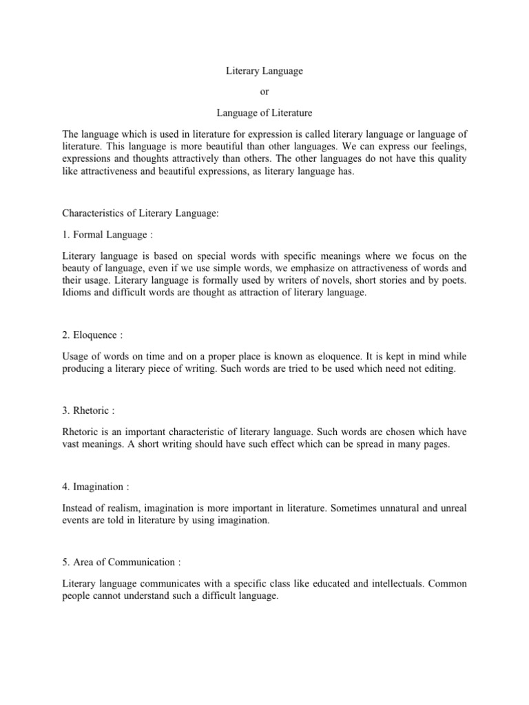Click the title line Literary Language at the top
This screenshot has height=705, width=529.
coord(264,71)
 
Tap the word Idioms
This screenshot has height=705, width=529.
coord(75,294)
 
